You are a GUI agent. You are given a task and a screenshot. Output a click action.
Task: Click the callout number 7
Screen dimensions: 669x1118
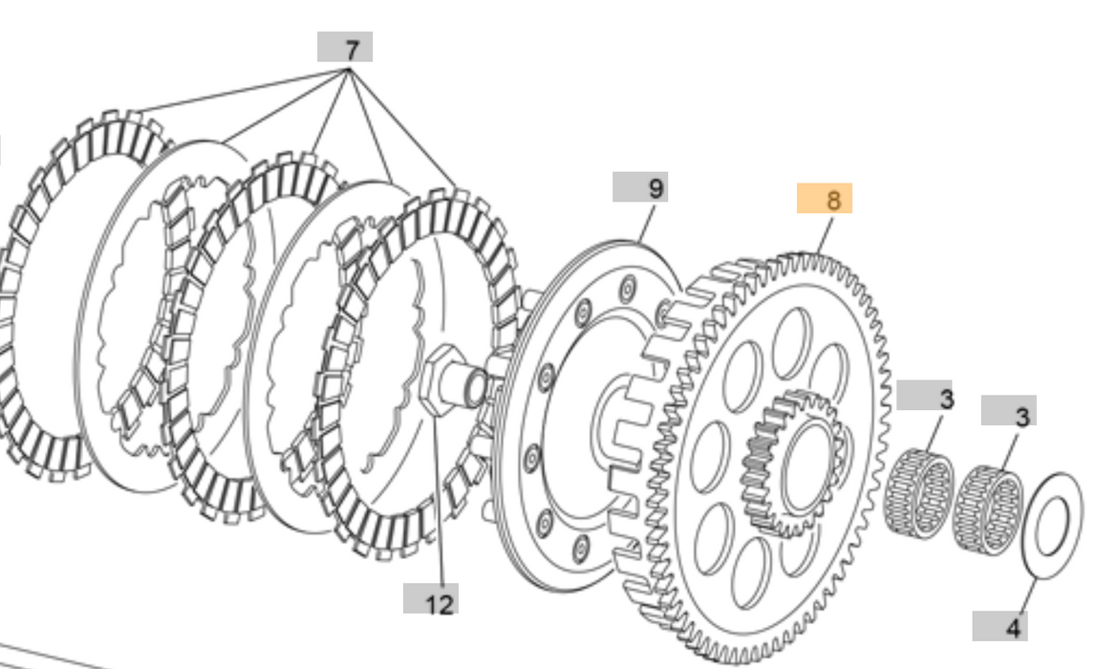tap(345, 47)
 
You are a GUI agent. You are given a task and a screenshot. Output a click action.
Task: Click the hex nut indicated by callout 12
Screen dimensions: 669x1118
tap(438, 381)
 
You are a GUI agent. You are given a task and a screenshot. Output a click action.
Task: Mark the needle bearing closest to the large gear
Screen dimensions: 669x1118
tap(919, 493)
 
